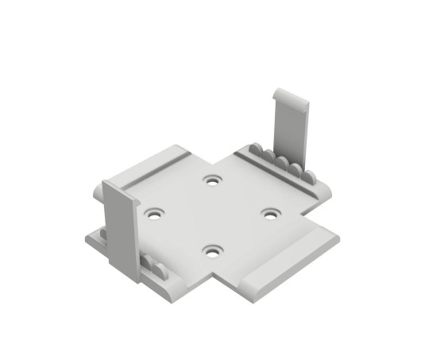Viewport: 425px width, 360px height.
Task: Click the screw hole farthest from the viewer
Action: (211, 180)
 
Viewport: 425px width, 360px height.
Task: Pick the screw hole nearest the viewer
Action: (211, 250)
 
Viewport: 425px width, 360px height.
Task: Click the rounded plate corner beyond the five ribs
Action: (326, 190)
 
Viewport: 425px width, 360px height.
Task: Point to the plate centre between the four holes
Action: (211, 215)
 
